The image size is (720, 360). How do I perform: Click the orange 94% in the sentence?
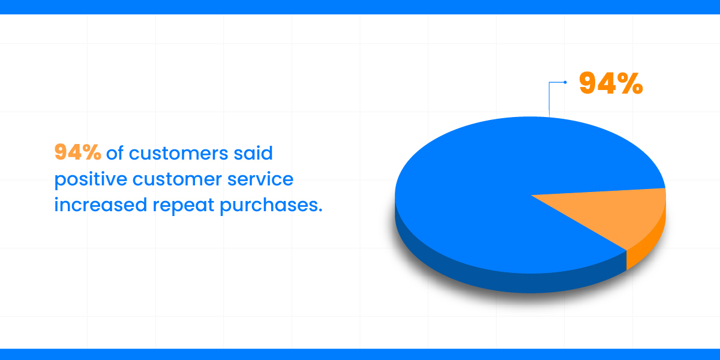[78, 152]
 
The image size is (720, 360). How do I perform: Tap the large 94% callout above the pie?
[611, 83]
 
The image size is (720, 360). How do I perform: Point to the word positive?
[91, 179]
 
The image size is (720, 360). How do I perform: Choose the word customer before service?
[177, 179]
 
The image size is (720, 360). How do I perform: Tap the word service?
[260, 179]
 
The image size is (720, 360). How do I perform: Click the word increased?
[101, 205]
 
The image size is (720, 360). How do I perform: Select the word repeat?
[183, 206]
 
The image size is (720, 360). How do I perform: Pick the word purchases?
[268, 205]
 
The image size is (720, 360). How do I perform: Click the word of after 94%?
[115, 152]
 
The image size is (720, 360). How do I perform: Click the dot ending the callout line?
[565, 82]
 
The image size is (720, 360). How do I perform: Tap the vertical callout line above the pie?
[549, 100]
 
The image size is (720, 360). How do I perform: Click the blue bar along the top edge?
[360, 7]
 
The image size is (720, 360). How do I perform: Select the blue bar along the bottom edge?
[360, 354]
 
